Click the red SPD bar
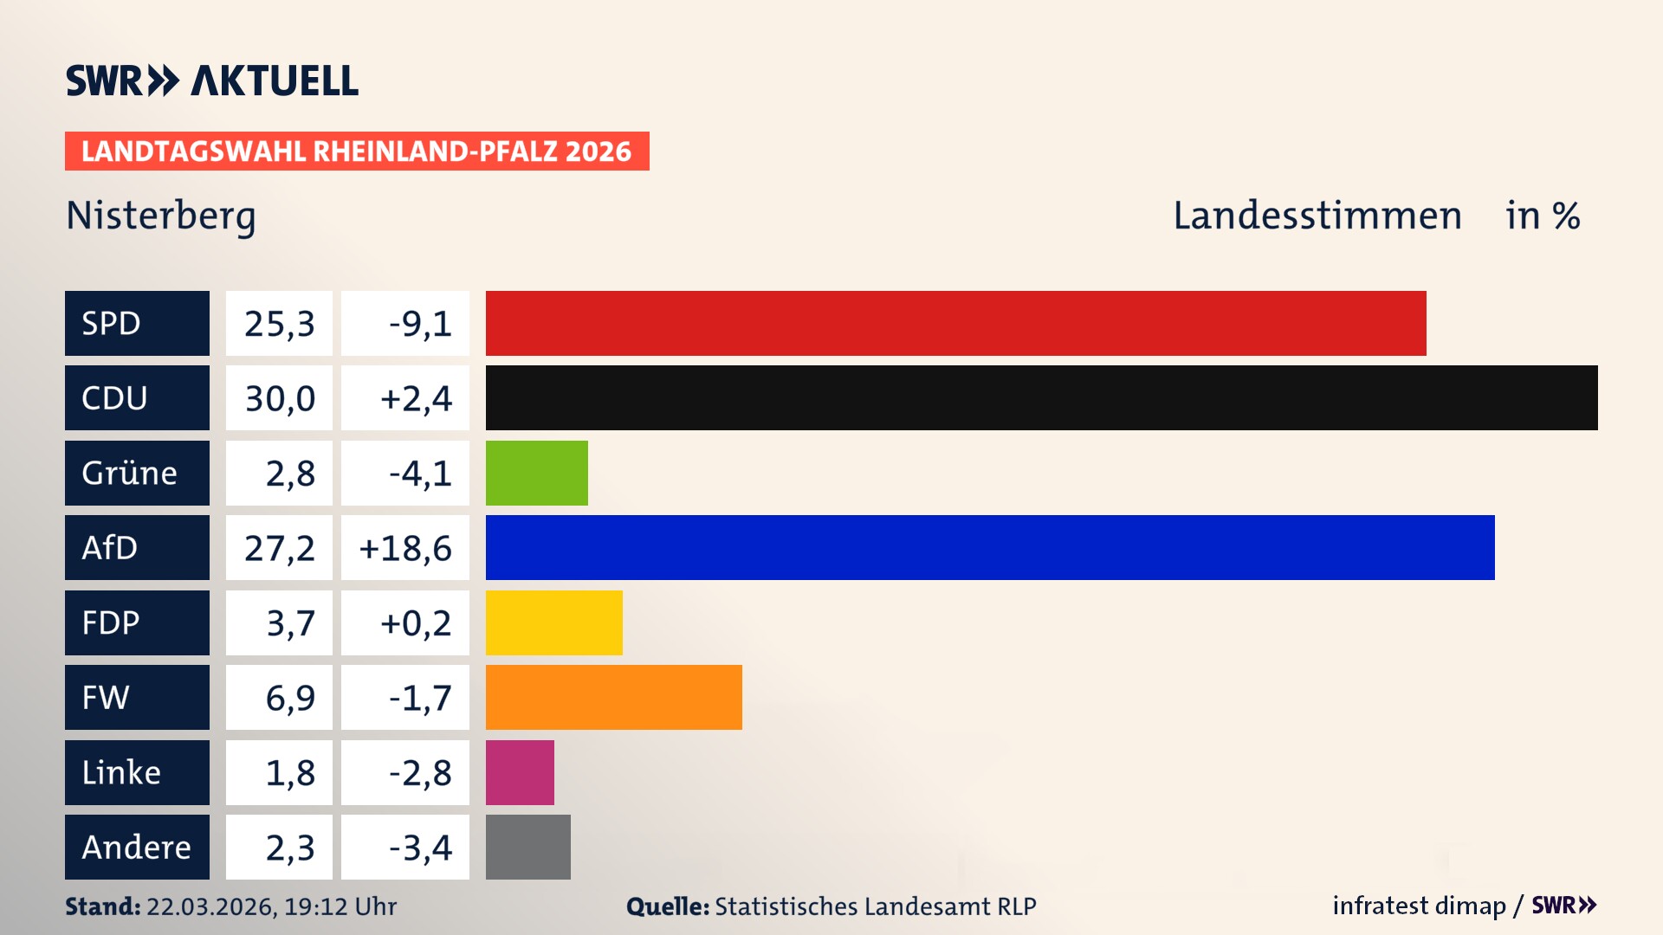coord(955,323)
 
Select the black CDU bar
coord(1041,398)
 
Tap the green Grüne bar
coord(536,473)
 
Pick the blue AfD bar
coord(989,547)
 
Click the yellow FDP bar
coord(553,622)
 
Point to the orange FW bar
coord(613,697)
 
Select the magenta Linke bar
coord(520,772)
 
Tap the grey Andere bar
coord(527,847)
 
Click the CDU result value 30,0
coord(279,398)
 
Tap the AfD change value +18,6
coord(405,547)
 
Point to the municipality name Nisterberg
coord(161,216)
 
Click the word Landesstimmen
coord(1317,216)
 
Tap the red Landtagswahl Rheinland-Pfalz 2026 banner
coord(357,152)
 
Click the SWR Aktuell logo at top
coord(212,81)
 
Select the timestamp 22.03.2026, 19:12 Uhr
coord(271,906)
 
